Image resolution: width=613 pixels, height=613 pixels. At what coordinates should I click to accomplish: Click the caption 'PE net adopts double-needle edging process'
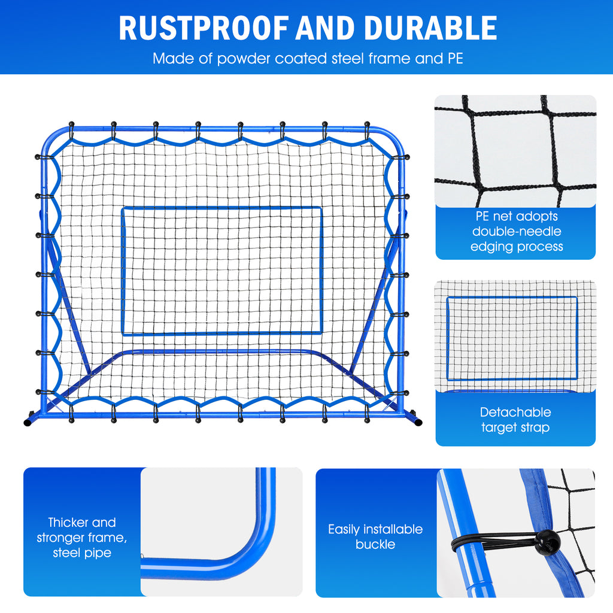coord(515,231)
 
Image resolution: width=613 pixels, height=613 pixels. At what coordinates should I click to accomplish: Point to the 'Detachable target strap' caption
coord(515,420)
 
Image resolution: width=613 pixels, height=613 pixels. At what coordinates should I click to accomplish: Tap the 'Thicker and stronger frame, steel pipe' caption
coord(82,538)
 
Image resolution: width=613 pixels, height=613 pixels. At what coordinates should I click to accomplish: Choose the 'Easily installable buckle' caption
coord(375,537)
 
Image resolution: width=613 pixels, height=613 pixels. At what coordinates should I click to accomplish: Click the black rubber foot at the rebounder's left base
coord(28,421)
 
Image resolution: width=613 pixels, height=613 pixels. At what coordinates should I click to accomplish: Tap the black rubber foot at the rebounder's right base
coord(417,422)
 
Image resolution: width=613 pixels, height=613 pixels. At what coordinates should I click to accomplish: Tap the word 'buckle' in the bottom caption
coord(375,545)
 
